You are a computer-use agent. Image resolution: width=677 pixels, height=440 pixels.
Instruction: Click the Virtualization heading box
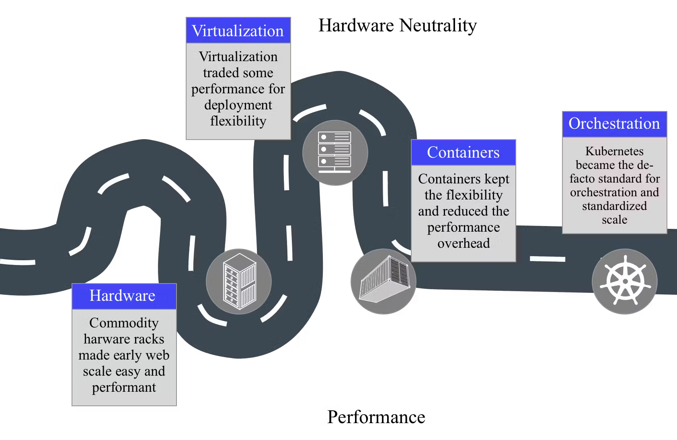click(238, 31)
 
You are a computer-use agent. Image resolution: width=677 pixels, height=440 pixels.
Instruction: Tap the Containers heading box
click(463, 152)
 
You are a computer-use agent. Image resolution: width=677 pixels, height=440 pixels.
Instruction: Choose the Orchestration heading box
click(614, 124)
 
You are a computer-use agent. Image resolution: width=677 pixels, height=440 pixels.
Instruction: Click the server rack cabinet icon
click(239, 281)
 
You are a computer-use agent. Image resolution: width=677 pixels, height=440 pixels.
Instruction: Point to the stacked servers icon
click(335, 152)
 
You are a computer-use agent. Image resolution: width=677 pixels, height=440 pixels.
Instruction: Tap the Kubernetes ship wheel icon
click(625, 281)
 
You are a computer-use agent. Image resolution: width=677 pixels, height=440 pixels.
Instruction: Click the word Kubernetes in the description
click(614, 151)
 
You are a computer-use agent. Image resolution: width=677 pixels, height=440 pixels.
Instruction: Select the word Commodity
click(124, 323)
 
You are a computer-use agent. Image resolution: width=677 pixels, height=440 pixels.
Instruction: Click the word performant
click(124, 387)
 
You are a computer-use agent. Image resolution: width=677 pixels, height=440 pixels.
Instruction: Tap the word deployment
click(238, 105)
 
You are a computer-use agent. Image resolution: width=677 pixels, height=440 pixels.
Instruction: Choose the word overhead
click(464, 243)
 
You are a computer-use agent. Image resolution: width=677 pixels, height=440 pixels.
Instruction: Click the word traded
click(220, 73)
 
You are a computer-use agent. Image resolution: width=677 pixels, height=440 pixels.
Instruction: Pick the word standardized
click(614, 206)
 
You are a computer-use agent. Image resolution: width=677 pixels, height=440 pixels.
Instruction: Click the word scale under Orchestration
click(614, 220)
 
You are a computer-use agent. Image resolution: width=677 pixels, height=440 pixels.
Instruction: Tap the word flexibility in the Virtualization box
click(238, 121)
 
